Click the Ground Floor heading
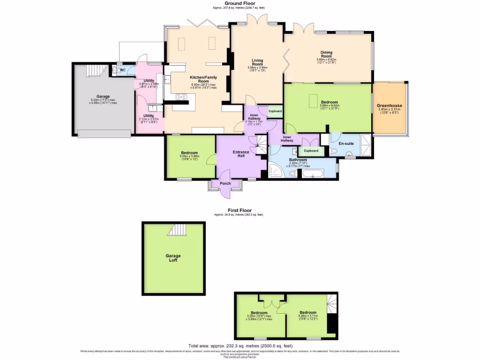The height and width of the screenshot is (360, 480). coord(240,3)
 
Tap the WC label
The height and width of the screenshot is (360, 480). coord(123,70)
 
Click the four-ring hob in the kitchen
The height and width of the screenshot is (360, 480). coord(180,97)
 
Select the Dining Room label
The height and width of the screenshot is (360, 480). coord(326,54)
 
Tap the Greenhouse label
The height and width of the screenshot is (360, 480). coord(390,105)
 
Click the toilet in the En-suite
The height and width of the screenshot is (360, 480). coord(333,151)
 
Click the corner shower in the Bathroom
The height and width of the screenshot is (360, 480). coord(276,172)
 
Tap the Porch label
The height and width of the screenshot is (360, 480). coord(225,183)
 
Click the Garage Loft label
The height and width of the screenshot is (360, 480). coord(173,258)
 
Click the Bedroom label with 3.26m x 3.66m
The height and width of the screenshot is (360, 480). coord(189,153)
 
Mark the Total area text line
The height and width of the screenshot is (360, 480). coord(240,345)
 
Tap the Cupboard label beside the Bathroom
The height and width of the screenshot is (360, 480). coord(311,150)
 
